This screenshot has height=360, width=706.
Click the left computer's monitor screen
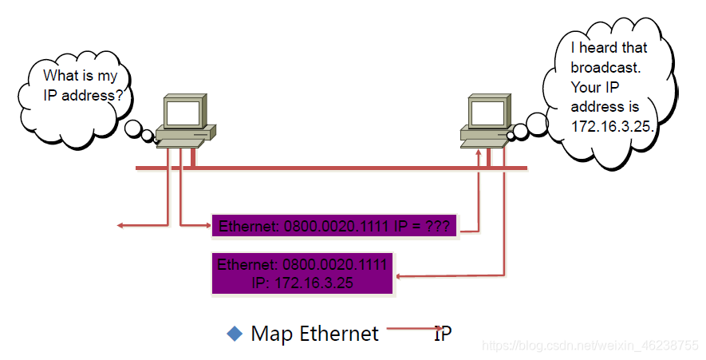click(182, 113)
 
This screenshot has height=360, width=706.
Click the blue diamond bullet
click(235, 334)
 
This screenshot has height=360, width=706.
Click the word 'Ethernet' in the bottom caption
click(339, 334)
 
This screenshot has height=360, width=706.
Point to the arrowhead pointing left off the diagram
click(120, 226)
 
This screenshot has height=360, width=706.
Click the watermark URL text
click(591, 346)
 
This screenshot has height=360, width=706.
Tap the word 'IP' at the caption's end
click(443, 334)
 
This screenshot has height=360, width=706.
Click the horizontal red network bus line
click(335, 168)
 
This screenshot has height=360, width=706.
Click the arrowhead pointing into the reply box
click(400, 276)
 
